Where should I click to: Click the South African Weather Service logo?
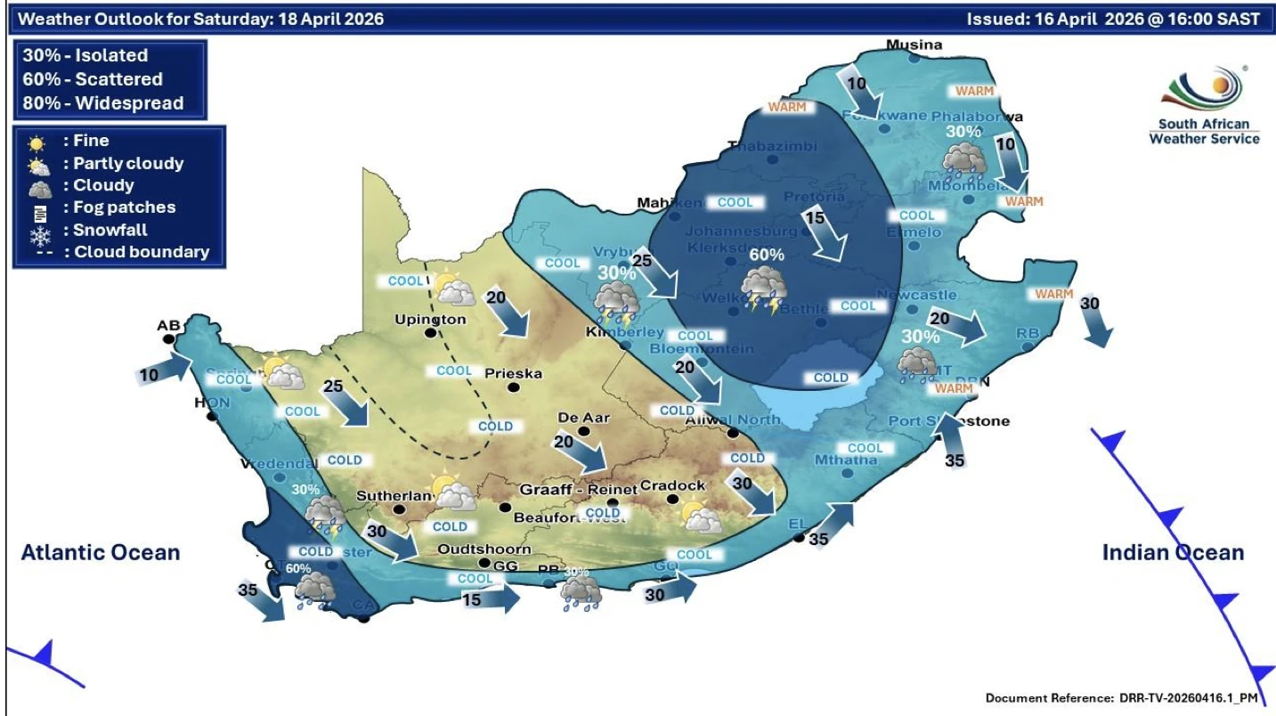click(1205, 107)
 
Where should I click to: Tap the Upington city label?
click(430, 319)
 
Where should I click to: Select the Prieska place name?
click(512, 374)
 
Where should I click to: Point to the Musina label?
click(914, 45)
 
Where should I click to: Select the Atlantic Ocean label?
click(101, 552)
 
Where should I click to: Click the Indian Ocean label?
click(1173, 552)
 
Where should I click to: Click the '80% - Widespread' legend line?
click(103, 103)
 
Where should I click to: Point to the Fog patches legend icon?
click(39, 212)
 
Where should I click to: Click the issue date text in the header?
click(1113, 19)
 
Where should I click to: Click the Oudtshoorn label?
click(484, 549)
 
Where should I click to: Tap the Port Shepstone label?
click(949, 420)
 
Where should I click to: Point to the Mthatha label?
click(845, 460)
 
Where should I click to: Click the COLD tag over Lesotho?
click(830, 378)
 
